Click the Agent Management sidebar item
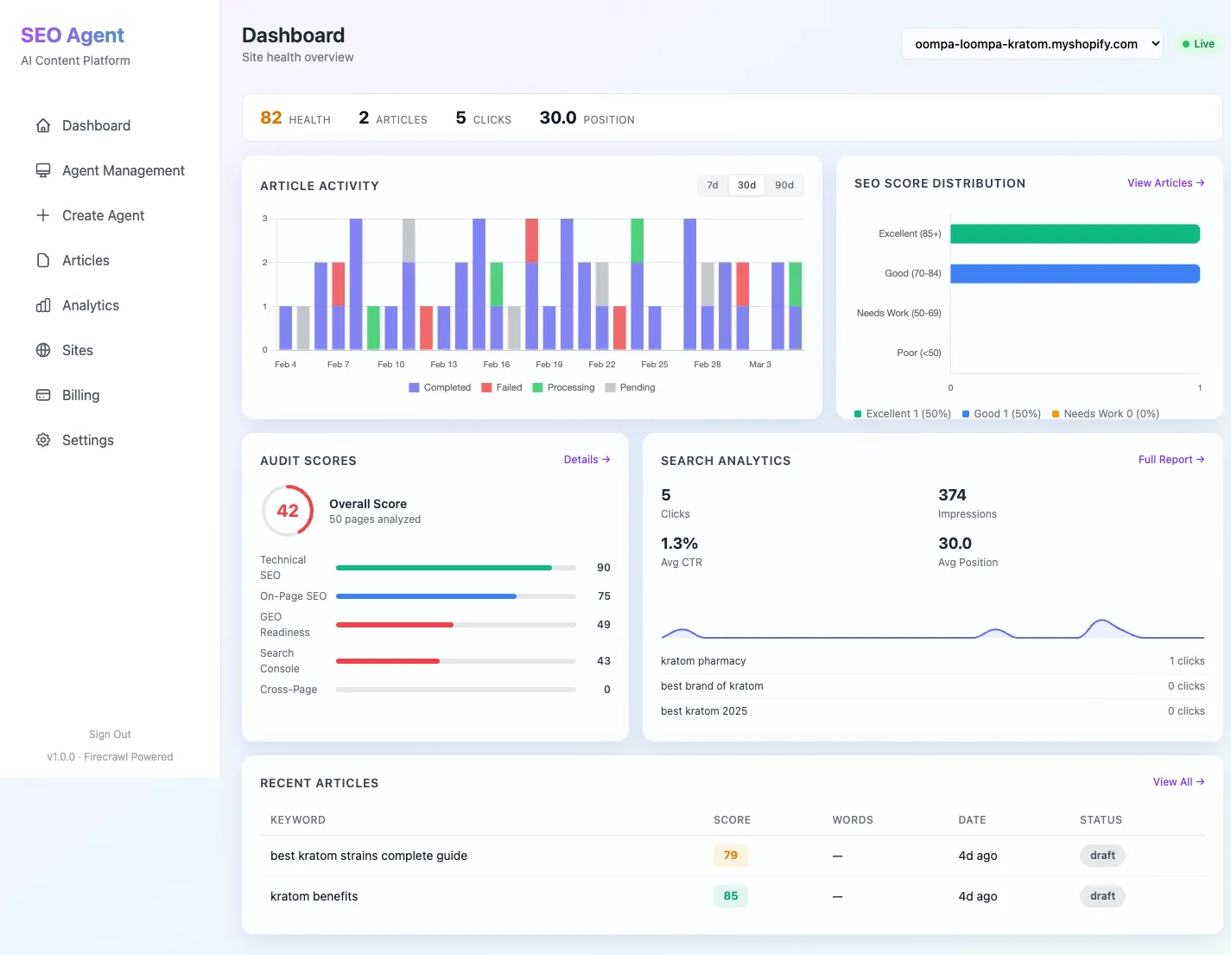(123, 170)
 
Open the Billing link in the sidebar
(80, 395)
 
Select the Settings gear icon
(43, 440)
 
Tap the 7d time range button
(713, 185)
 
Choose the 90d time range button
(784, 185)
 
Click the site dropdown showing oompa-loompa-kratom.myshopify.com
(1032, 44)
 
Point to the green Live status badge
(1198, 44)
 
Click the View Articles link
(1165, 183)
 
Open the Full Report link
(1171, 460)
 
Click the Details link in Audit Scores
(587, 460)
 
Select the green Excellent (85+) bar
(1075, 234)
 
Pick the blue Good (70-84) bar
(1075, 274)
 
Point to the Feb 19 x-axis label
(549, 365)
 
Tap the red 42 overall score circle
(288, 511)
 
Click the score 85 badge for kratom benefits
(730, 896)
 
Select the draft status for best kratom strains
(1102, 856)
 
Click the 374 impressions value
(952, 495)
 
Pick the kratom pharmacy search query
(703, 661)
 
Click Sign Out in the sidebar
(110, 735)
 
